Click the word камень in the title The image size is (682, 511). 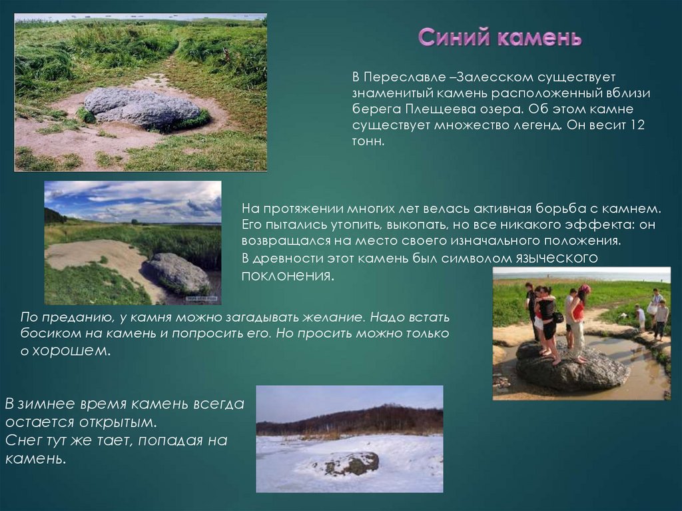click(539, 37)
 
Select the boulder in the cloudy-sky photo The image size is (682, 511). click(178, 273)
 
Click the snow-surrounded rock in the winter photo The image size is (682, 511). click(349, 462)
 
